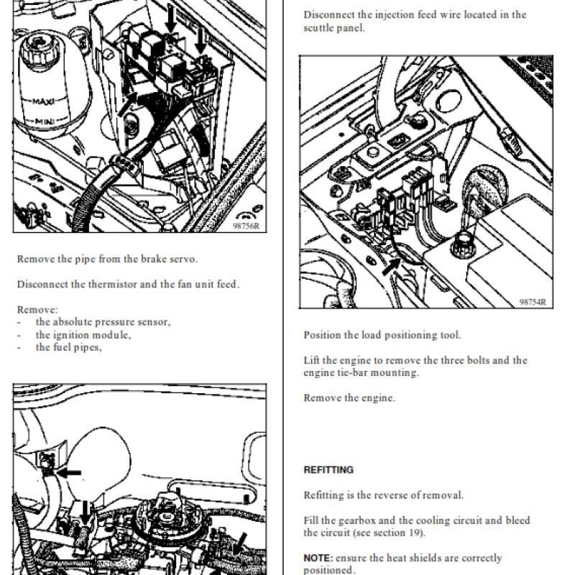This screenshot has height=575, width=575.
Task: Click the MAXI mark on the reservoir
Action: (x=43, y=101)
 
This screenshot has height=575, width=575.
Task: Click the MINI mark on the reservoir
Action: (x=45, y=121)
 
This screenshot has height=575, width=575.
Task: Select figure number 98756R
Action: (x=246, y=226)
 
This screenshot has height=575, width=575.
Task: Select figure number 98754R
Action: (x=533, y=302)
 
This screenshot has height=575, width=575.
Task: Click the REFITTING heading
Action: (x=328, y=470)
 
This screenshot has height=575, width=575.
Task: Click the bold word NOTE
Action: (x=318, y=558)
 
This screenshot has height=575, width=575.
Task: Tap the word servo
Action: (x=183, y=259)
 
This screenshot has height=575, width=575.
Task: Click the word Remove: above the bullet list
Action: (x=37, y=310)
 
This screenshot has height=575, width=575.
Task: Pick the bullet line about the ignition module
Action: (x=74, y=335)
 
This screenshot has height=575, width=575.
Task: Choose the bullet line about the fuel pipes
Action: (x=60, y=347)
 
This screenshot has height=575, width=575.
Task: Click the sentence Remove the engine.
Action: (x=349, y=397)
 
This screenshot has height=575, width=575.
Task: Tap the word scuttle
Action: (x=318, y=28)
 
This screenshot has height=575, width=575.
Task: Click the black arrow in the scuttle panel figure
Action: (x=391, y=265)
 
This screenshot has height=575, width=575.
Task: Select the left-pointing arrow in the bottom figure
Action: (x=69, y=473)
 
